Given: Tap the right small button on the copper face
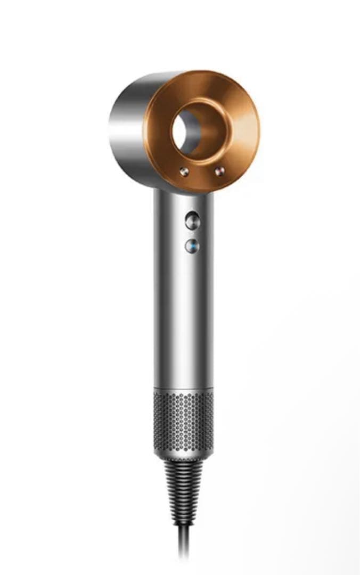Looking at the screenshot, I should coord(218,171).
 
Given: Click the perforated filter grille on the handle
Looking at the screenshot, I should coord(184,418).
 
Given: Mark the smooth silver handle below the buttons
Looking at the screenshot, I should coord(184,319).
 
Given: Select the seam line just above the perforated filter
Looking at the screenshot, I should coord(184,388).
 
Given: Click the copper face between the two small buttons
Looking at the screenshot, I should coord(201,172).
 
